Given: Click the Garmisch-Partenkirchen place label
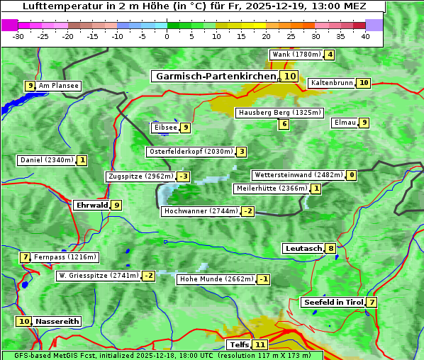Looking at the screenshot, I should pos(214,76).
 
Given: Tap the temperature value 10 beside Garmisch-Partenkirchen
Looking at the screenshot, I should pos(289,76).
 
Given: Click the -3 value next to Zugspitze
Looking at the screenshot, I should pos(184,176).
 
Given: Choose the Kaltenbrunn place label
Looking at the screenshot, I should pos(331,83).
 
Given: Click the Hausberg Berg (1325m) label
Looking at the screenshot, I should pos(279,113).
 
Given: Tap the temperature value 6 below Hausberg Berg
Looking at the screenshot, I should pos(284,124).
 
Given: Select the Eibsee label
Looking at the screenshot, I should pos(164,128).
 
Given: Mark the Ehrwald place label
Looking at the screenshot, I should pos(91,206).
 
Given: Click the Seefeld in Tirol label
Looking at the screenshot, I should pos(333,302).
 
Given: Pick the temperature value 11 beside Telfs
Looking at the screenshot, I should pos(260,345).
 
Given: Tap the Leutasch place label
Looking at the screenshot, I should pos(303,248).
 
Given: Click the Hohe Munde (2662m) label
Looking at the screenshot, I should pos(216,279).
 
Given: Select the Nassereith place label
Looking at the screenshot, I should pos(57,321).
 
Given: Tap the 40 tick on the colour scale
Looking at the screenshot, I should pos(365,36).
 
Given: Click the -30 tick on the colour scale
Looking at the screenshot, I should pos(18,36).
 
